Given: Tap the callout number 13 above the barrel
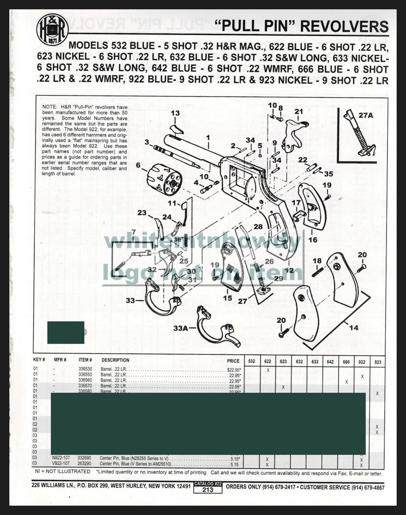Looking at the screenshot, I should (x=175, y=113).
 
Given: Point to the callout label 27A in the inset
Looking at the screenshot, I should (x=366, y=115).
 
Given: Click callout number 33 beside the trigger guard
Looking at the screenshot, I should (x=130, y=300).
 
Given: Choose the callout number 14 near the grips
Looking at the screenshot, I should (x=353, y=328).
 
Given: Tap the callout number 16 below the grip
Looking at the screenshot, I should (x=313, y=240).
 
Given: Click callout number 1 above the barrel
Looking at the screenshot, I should (x=208, y=138).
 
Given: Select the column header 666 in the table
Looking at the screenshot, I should (x=346, y=362).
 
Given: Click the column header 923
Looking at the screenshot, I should (x=378, y=362).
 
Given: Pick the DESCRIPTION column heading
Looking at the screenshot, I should (x=115, y=360).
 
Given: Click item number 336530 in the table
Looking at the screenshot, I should (x=85, y=369).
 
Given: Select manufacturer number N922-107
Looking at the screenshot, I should (x=61, y=458).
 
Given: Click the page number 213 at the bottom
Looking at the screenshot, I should (x=208, y=490).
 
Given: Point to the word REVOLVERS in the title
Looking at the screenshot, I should (x=344, y=26).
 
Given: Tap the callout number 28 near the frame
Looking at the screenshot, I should (x=258, y=227).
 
